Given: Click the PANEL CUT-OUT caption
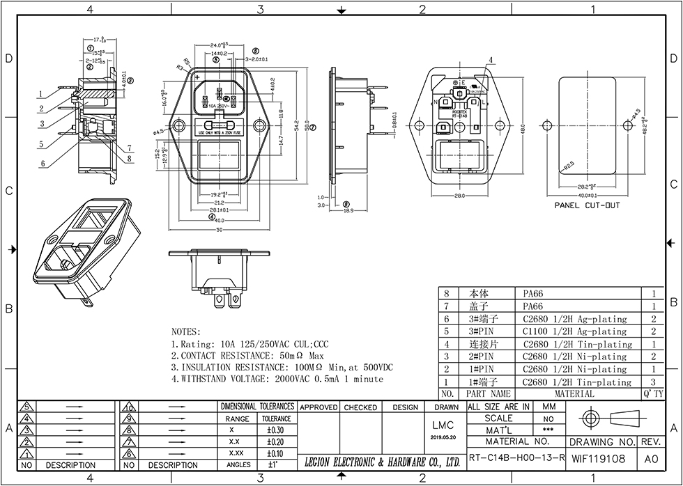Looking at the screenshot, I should pyautogui.click(x=587, y=206).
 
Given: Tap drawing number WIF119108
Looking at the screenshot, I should pyautogui.click(x=598, y=459).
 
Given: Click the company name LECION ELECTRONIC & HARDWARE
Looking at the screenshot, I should pyautogui.click(x=383, y=462).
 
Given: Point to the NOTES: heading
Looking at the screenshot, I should pyautogui.click(x=185, y=332).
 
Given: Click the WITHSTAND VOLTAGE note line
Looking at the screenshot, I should pyautogui.click(x=277, y=379).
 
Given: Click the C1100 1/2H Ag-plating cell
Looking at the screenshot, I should pyautogui.click(x=575, y=331).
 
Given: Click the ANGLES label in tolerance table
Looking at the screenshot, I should pyautogui.click(x=238, y=464).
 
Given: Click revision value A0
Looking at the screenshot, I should pyautogui.click(x=651, y=459).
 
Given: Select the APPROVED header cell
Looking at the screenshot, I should pyautogui.click(x=319, y=407).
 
